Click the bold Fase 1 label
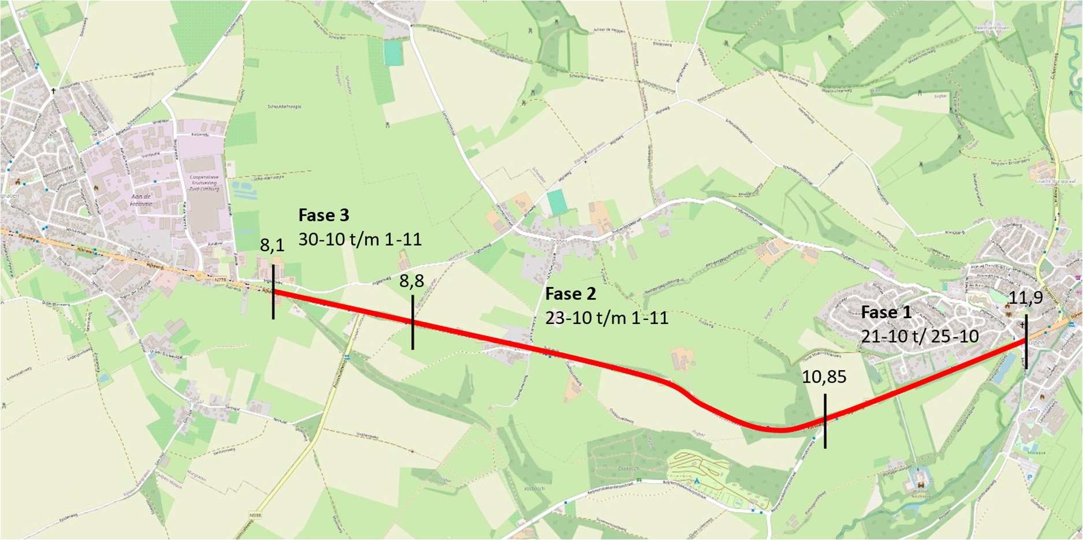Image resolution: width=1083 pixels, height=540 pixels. (x=886, y=312)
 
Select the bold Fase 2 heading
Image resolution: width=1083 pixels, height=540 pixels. (x=570, y=294)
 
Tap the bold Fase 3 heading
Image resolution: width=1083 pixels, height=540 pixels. (x=323, y=215)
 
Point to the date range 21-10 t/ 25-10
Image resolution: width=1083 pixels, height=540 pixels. (x=920, y=336)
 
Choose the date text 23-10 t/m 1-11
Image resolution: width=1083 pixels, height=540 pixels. (x=606, y=318)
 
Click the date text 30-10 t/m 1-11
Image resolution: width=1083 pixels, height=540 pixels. (x=360, y=239)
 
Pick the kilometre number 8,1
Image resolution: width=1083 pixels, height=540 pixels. (x=272, y=245)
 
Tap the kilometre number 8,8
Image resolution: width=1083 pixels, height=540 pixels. (x=412, y=281)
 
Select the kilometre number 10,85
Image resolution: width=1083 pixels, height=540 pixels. (x=824, y=377)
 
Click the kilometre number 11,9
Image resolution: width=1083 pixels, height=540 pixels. (x=1026, y=298)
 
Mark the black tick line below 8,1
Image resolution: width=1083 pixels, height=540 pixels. (x=273, y=292)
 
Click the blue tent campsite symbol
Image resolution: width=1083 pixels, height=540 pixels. (x=697, y=480)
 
